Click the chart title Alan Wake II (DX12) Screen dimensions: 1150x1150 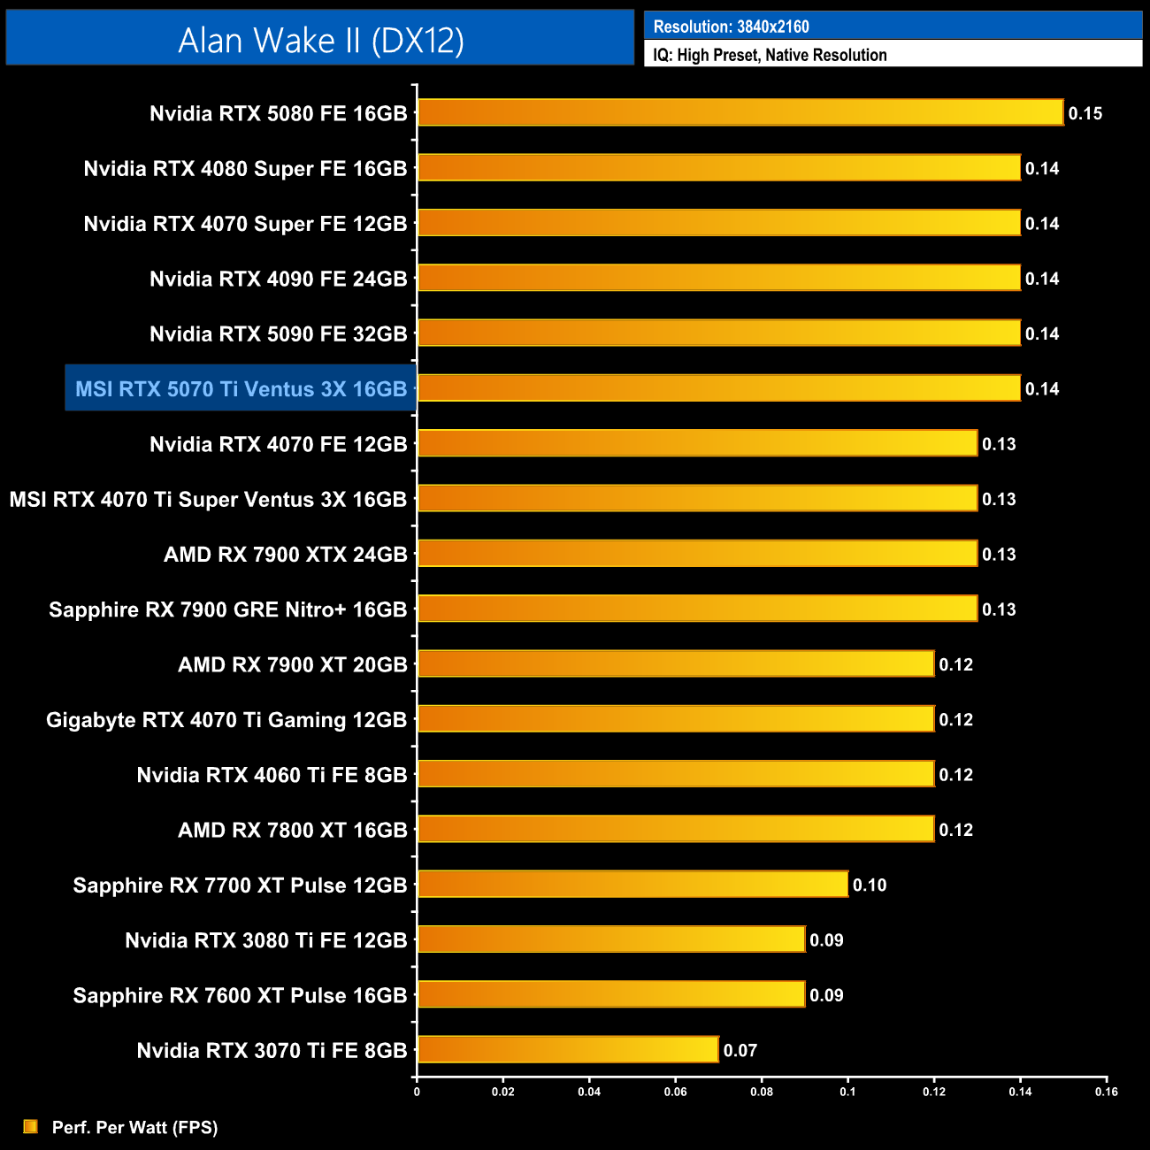[x=320, y=40]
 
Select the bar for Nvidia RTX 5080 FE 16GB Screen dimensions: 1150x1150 [x=740, y=112]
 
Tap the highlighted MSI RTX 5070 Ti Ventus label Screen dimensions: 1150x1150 [x=241, y=388]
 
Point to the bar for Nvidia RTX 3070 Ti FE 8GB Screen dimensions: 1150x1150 [x=568, y=1050]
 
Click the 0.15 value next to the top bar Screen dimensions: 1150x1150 [x=1085, y=113]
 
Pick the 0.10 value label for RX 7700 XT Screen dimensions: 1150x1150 [x=870, y=885]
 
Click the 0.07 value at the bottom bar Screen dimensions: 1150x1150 [x=740, y=1051]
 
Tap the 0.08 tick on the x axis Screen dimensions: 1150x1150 [x=762, y=1092]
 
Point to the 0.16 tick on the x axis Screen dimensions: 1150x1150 [x=1107, y=1092]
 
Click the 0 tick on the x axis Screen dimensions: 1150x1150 [x=417, y=1092]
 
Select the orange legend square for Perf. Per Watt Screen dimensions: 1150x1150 [x=31, y=1126]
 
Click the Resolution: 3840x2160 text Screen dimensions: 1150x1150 [x=732, y=27]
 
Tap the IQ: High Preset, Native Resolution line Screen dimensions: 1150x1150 [x=770, y=55]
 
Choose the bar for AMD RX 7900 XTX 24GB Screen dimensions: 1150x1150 [x=697, y=554]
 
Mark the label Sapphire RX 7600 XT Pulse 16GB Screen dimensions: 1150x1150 [x=240, y=995]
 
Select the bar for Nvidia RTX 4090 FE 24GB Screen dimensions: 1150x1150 [x=719, y=278]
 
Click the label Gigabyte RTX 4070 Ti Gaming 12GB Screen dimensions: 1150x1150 [x=226, y=720]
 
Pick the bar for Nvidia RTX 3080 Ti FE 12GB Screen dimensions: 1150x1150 [x=611, y=939]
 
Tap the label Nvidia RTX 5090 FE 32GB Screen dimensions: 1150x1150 [x=278, y=333]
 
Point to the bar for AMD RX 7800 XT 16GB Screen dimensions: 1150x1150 [x=676, y=829]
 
